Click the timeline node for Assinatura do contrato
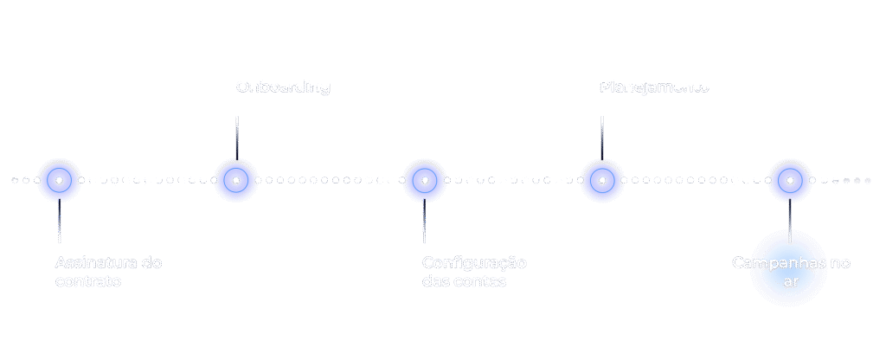click(x=59, y=180)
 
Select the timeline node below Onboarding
click(x=235, y=180)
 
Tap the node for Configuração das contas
click(x=423, y=180)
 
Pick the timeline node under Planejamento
click(x=601, y=180)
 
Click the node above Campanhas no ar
click(x=789, y=180)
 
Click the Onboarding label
click(x=283, y=87)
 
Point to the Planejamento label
click(x=654, y=87)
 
